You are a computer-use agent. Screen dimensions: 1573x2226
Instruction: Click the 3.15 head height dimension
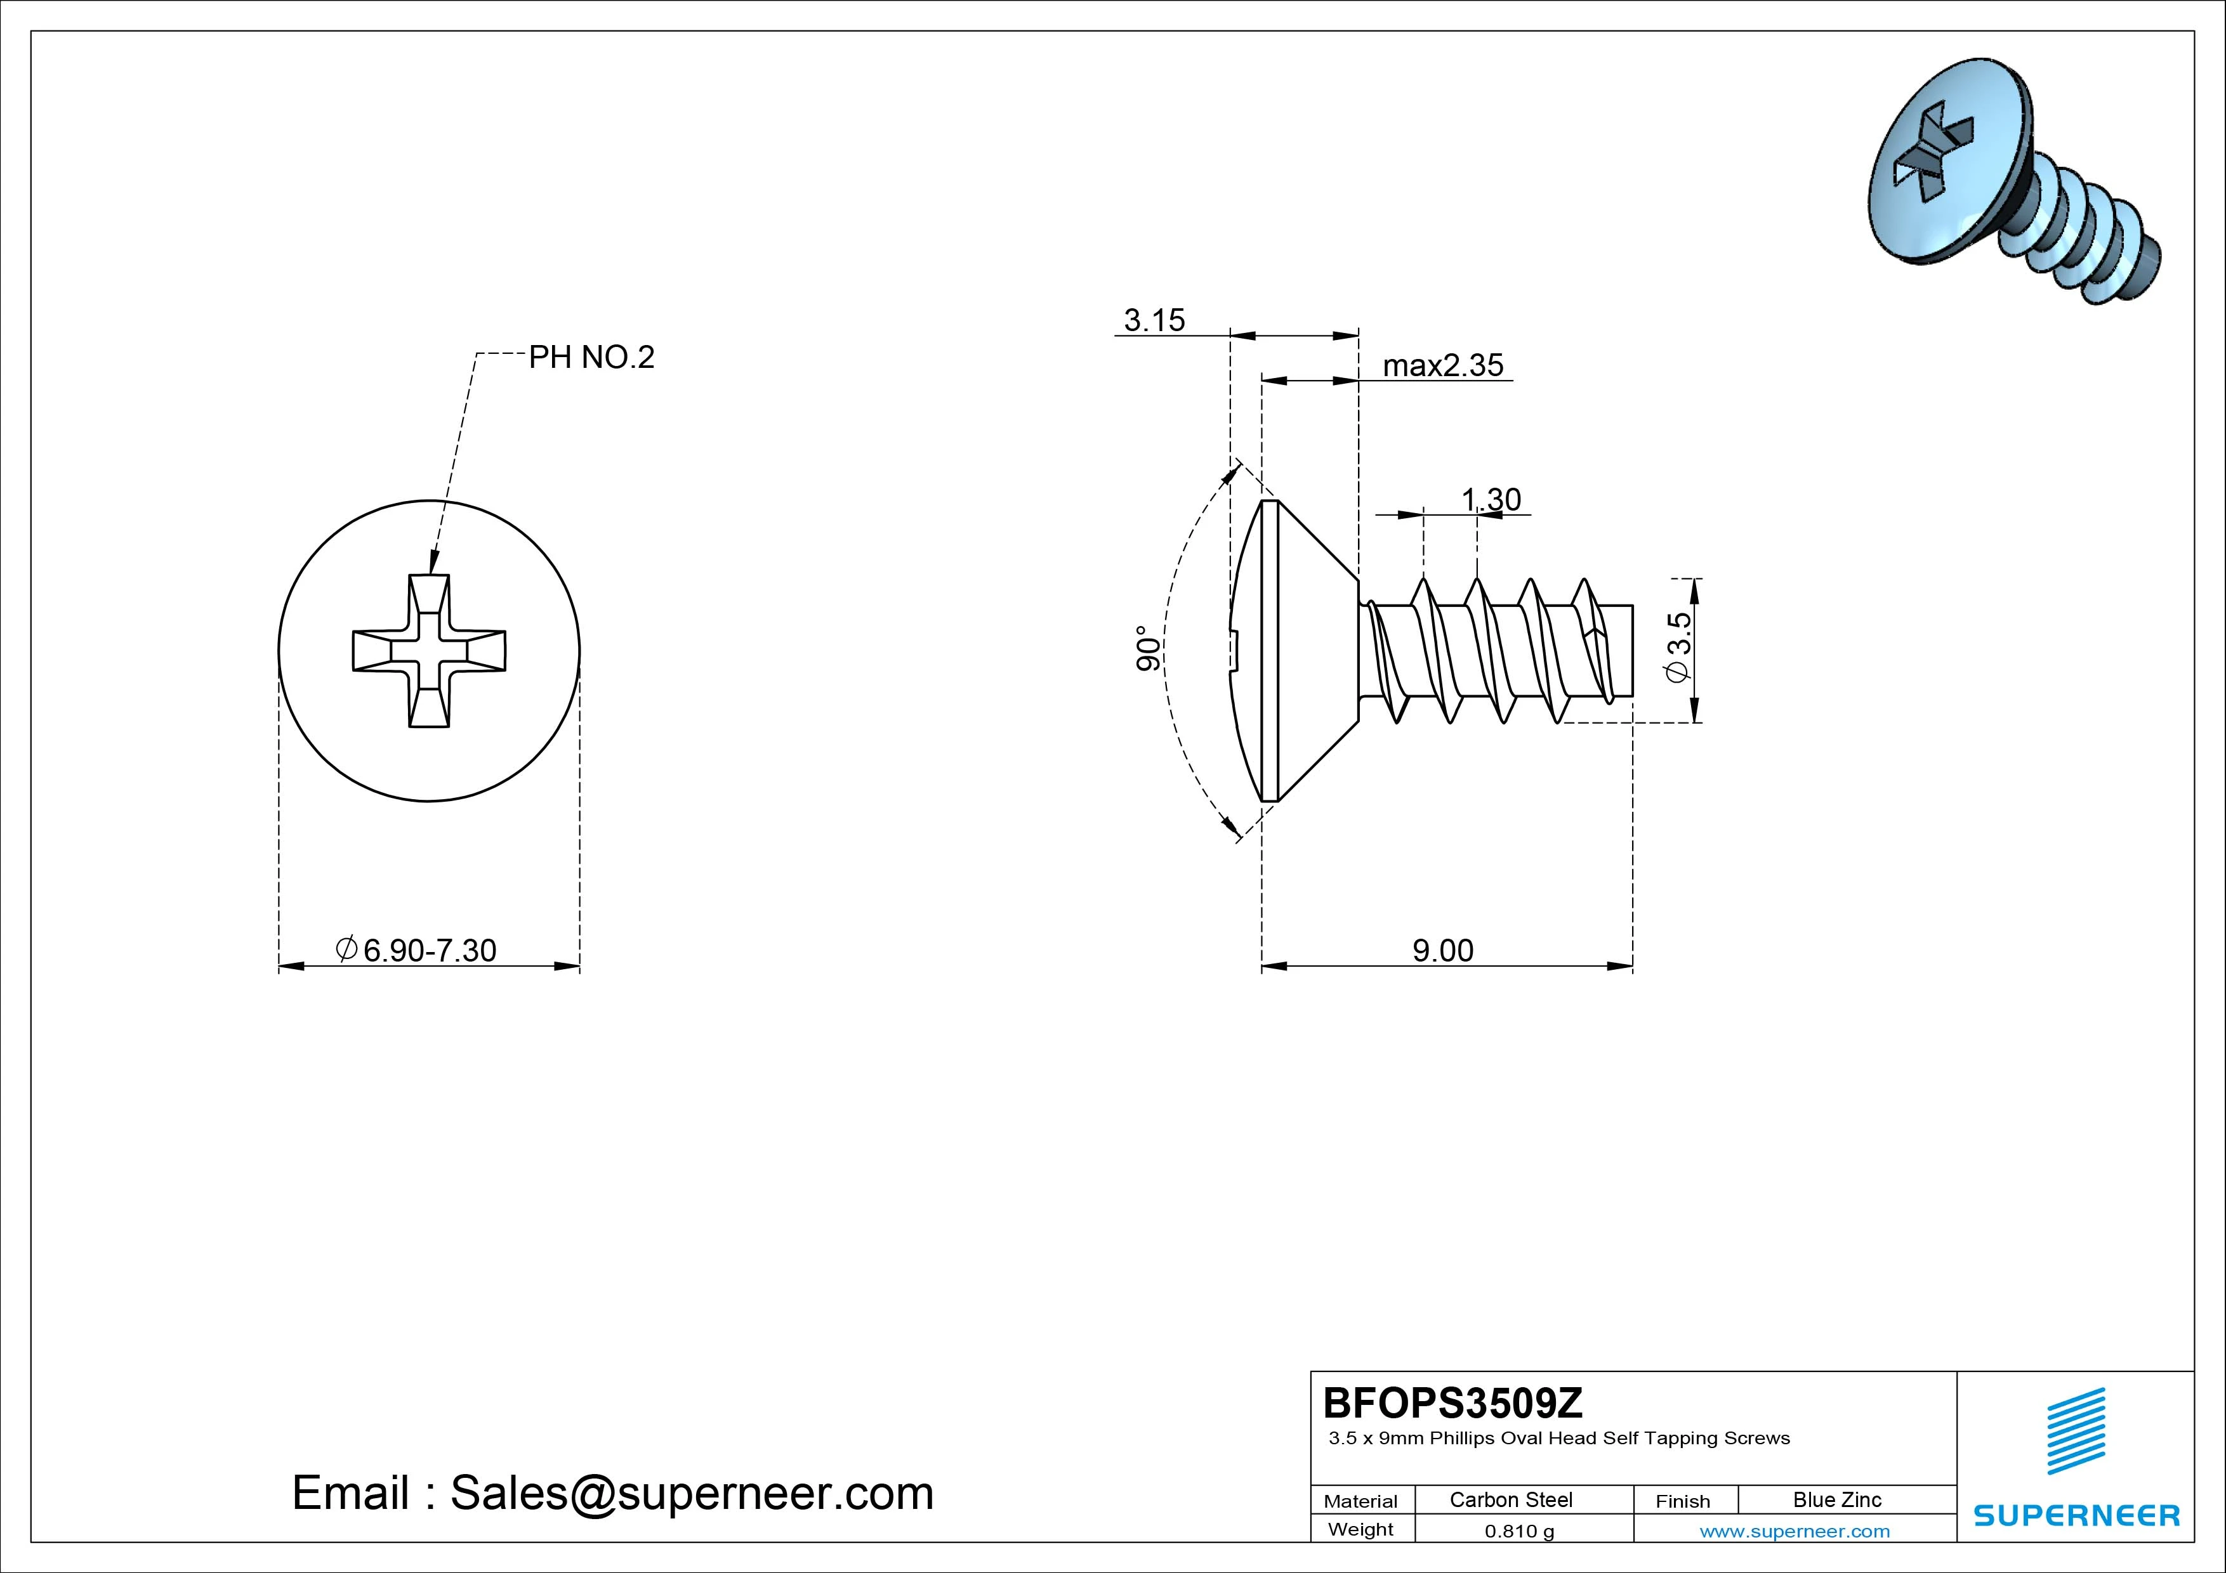1154,320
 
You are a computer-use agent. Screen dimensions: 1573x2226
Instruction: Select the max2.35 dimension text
1442,365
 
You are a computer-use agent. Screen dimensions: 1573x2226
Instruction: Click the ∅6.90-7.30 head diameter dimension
417,950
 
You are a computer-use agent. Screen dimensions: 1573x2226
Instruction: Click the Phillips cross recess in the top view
428,650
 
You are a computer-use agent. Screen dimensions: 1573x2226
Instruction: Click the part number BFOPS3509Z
1452,1402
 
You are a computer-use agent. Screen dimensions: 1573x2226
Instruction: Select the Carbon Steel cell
1510,1499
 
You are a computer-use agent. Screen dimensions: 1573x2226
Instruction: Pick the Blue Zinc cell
1836,1499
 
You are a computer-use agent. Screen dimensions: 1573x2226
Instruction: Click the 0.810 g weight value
1519,1531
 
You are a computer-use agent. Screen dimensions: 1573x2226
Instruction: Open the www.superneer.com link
1795,1531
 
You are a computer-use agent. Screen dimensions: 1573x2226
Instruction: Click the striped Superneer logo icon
2075,1432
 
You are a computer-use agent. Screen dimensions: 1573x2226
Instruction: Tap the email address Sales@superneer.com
691,1492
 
